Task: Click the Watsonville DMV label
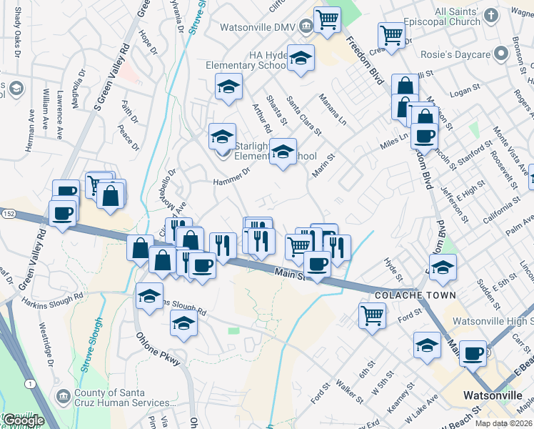[x=259, y=26]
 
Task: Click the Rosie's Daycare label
[x=460, y=55]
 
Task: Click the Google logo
[x=23, y=420]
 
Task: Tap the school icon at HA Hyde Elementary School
[x=301, y=59]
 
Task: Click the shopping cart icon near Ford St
[x=372, y=315]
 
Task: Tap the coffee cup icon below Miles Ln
[x=423, y=136]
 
